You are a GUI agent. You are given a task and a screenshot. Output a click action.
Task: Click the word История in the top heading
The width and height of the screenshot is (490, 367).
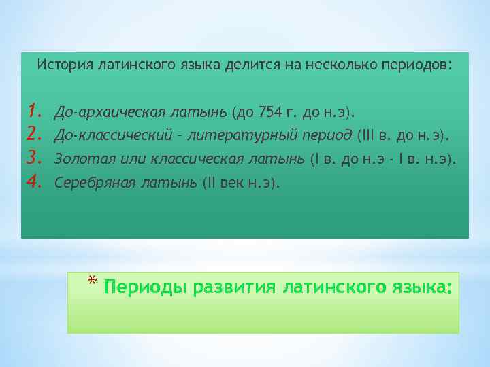[65, 65]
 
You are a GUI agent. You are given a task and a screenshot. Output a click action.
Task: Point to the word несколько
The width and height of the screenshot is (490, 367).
[333, 65]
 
